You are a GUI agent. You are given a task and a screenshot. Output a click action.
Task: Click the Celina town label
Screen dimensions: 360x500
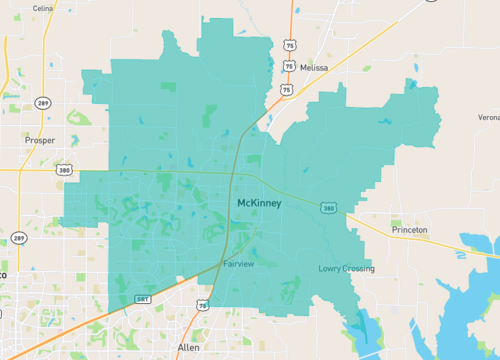42,8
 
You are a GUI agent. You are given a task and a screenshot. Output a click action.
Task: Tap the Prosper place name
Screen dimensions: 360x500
41,142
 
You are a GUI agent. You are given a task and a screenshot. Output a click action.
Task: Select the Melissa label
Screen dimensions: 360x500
313,67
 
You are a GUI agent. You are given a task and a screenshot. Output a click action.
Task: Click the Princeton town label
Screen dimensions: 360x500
409,230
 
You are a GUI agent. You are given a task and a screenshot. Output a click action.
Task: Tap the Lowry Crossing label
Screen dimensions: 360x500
346,268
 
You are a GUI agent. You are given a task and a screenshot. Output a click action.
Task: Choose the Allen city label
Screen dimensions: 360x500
188,347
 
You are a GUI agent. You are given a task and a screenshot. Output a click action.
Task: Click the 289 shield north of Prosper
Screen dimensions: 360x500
43,102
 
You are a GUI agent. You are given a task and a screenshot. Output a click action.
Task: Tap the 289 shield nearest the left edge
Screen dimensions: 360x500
19,238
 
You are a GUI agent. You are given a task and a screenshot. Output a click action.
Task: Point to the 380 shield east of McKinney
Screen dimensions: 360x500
328,208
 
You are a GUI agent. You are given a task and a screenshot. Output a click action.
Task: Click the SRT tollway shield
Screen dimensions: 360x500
142,299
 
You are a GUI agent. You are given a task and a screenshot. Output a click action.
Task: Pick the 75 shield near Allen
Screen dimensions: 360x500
203,304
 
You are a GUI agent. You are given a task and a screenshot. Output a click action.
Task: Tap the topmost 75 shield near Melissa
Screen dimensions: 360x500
289,45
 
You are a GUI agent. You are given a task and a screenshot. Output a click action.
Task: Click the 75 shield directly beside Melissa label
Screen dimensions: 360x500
288,66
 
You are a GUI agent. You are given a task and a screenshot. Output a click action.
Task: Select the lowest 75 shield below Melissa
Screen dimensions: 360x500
288,89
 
